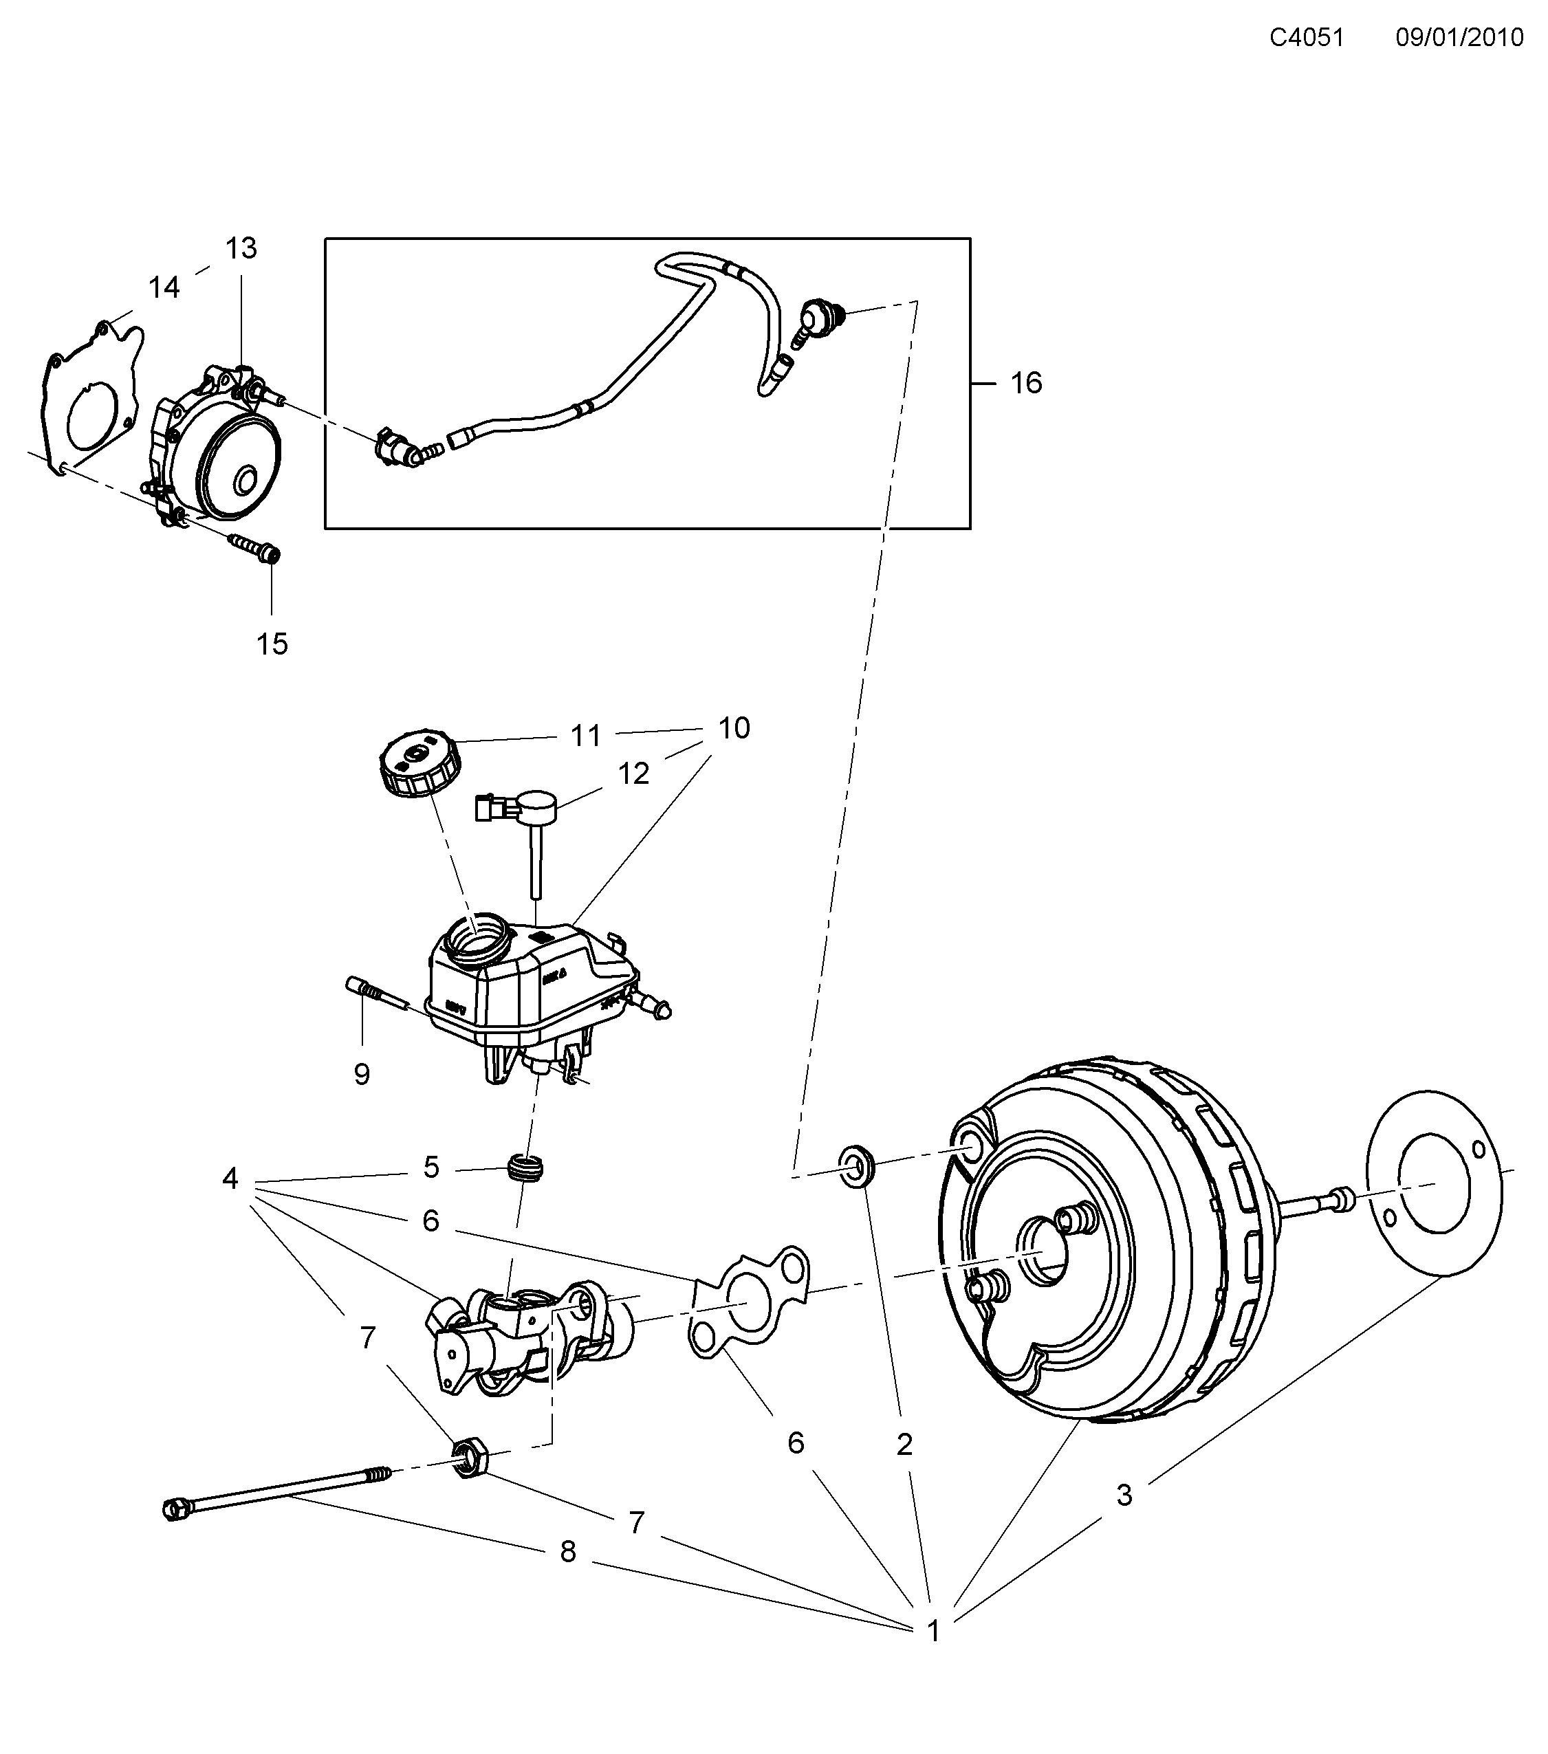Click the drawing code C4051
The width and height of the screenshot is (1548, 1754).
coord(1306,38)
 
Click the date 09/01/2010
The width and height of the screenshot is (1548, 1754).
coord(1459,38)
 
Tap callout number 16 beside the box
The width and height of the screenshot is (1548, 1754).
coord(1025,383)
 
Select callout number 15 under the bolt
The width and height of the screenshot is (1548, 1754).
coord(272,644)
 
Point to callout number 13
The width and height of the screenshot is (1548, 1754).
coord(241,249)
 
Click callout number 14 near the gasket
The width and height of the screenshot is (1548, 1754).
coord(164,287)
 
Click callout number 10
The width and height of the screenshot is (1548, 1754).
coord(734,729)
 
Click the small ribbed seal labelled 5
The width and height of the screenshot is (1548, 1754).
coord(527,1169)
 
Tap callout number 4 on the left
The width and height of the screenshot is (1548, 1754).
coord(230,1179)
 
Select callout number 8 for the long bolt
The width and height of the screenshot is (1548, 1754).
coord(567,1551)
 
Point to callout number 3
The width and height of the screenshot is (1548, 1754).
coord(1124,1495)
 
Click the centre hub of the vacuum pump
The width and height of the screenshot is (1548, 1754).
coord(246,481)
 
